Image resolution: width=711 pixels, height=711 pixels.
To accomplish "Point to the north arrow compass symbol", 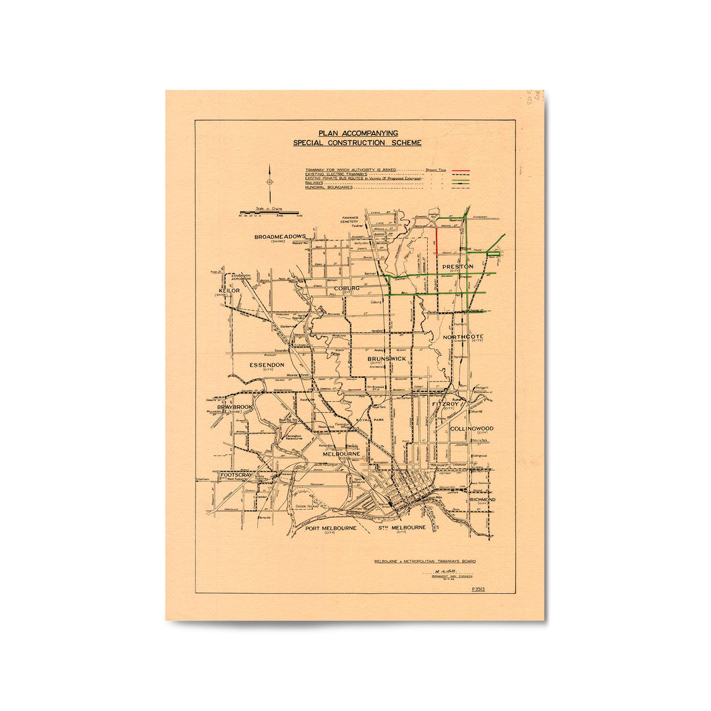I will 270,182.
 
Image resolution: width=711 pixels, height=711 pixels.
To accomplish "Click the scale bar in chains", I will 269,212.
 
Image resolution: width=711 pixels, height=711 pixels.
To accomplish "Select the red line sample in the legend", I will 460,170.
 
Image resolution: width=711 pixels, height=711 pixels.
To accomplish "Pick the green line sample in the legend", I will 460,179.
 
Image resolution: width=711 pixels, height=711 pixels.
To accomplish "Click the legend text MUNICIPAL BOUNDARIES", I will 329,188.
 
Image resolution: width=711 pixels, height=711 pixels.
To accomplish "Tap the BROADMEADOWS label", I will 280,237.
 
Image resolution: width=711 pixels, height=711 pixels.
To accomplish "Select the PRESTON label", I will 458,267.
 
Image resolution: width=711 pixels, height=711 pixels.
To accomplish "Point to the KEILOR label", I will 229,291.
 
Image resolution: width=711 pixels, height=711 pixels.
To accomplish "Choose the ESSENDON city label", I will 267,365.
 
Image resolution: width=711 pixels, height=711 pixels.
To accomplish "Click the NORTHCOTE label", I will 463,337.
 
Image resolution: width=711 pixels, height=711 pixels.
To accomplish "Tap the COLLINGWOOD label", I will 472,428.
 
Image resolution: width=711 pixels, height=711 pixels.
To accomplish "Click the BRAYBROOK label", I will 235,408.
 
